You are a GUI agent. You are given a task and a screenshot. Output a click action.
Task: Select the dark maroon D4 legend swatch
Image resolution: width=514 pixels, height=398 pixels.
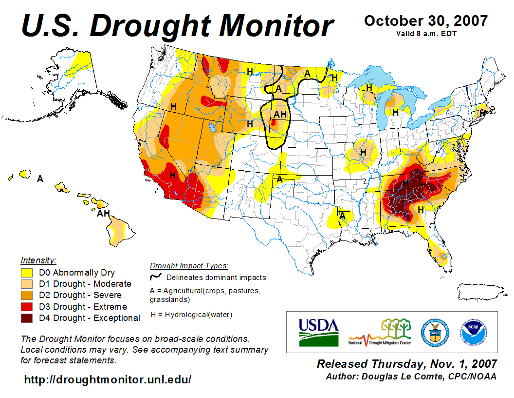[27, 318]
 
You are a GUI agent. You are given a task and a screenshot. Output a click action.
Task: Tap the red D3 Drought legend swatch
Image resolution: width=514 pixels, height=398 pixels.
[27, 307]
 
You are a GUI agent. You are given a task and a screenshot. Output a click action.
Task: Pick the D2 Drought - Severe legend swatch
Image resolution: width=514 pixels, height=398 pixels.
[27, 296]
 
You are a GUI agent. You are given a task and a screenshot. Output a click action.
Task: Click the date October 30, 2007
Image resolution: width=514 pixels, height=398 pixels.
[425, 21]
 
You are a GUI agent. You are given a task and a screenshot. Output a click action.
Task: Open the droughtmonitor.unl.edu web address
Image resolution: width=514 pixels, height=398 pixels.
[108, 379]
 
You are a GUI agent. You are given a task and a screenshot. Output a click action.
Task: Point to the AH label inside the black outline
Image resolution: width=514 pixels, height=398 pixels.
[279, 114]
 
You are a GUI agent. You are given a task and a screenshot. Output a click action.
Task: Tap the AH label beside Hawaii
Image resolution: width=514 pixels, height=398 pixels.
[103, 213]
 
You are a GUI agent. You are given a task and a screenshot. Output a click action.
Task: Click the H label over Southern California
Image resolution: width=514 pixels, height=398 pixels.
[172, 175]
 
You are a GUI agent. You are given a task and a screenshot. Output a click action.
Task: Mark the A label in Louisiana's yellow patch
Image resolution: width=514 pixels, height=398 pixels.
[342, 216]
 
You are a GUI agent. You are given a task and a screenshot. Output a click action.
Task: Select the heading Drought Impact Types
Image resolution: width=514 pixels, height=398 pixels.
[189, 266]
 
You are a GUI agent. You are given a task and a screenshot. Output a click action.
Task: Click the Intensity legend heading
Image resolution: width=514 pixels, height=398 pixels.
[38, 260]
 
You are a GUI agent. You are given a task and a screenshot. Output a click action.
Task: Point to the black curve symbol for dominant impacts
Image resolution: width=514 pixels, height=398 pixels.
[156, 277]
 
